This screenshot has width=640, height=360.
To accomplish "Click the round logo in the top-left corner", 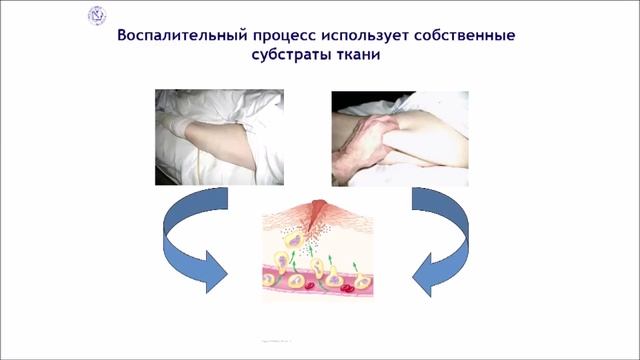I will [x=97, y=15].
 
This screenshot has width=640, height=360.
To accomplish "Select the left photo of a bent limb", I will [x=219, y=137].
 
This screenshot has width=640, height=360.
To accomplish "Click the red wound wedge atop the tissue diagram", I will [x=319, y=212].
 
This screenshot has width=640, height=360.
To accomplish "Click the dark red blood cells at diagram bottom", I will [x=345, y=290].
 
